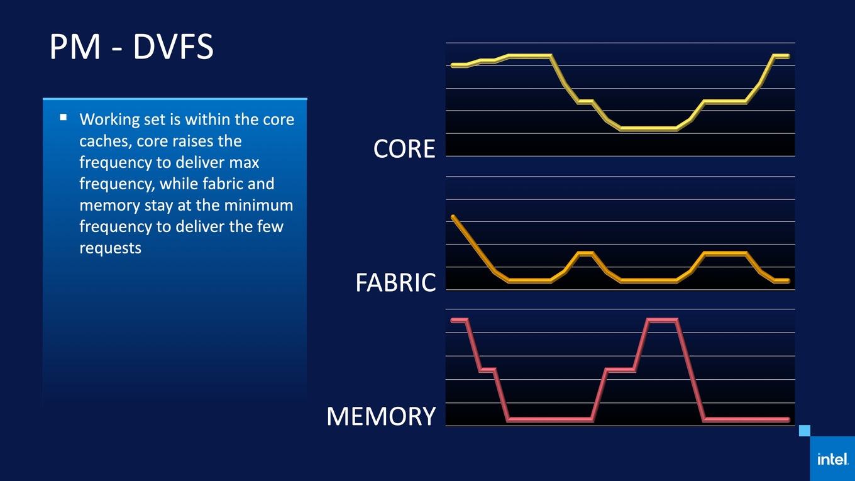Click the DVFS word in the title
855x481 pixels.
tap(173, 47)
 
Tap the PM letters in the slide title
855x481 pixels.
tap(75, 47)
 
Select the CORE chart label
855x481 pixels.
tap(404, 148)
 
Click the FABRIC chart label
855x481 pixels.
tap(395, 282)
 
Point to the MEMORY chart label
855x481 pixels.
tap(381, 416)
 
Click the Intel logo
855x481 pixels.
tap(833, 459)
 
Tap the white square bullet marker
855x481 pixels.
tap(63, 117)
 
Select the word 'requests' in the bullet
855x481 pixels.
tap(110, 249)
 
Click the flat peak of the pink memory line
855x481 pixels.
tap(662, 320)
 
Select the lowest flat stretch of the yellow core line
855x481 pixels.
tap(649, 129)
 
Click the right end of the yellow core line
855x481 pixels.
tap(788, 56)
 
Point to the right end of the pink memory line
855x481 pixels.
tap(788, 419)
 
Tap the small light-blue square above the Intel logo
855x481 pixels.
tap(805, 431)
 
